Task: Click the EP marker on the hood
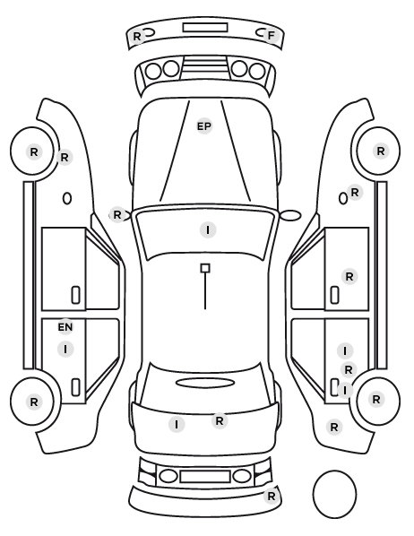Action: point(204,126)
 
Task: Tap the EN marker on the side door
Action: point(65,327)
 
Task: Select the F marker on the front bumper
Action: point(272,36)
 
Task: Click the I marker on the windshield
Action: point(208,230)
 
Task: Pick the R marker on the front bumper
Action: point(137,36)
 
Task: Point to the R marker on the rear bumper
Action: point(272,496)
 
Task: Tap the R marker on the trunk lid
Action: point(220,420)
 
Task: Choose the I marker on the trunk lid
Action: point(177,425)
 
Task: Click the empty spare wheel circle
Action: point(334,494)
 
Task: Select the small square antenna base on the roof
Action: point(205,268)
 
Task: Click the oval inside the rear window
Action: point(205,383)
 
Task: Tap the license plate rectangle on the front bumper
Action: point(205,28)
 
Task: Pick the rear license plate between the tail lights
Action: point(205,477)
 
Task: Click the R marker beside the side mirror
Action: point(117,215)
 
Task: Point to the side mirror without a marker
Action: point(291,215)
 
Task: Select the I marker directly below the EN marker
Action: point(65,350)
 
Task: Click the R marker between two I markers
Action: point(349,370)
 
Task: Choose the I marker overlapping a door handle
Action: point(345,390)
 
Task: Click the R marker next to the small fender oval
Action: point(355,193)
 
